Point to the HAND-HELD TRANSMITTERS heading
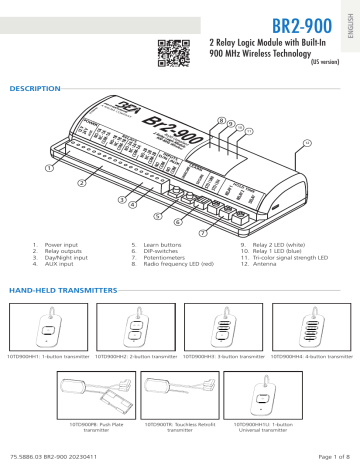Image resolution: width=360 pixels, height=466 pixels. [65, 289]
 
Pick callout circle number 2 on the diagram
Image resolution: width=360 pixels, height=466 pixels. [82, 184]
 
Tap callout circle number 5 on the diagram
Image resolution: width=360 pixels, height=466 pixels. [155, 214]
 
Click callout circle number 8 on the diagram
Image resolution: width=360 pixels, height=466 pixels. [221, 120]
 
